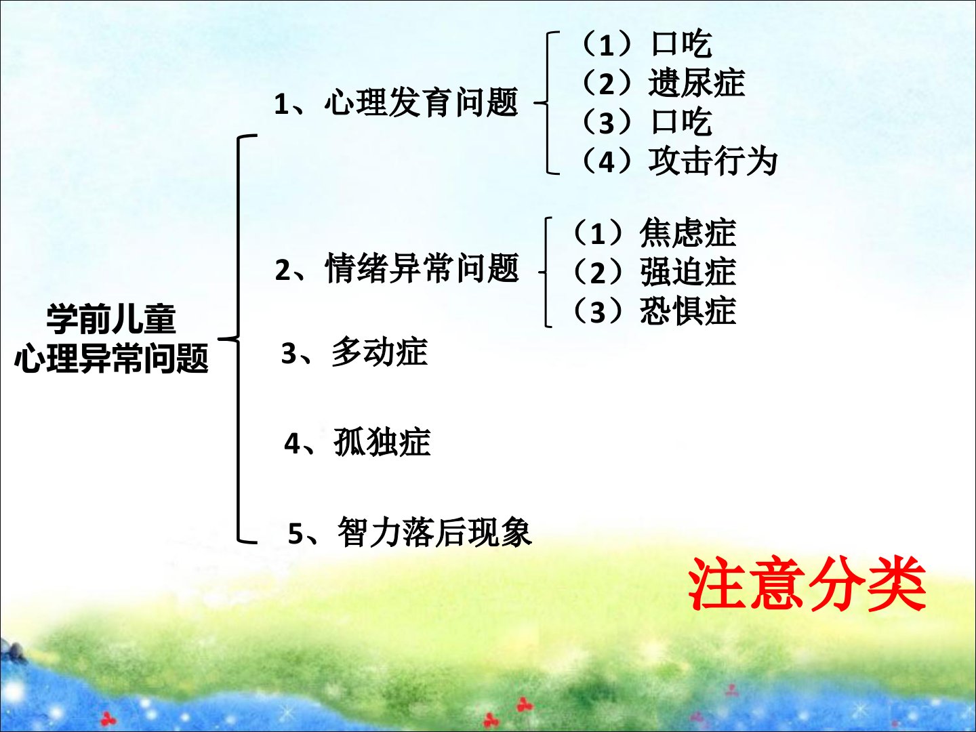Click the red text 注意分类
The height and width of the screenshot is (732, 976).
click(807, 584)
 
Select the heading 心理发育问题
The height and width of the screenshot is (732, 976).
click(422, 102)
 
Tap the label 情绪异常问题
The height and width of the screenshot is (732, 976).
click(422, 268)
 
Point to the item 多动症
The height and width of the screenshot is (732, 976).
click(380, 352)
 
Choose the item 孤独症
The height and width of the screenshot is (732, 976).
click(382, 441)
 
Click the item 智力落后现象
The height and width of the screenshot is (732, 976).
click(434, 531)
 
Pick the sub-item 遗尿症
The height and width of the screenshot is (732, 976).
click(696, 83)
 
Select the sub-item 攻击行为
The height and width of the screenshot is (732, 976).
click(713, 161)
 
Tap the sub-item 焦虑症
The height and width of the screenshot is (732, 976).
click(688, 232)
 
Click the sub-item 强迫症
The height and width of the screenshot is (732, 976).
click(688, 272)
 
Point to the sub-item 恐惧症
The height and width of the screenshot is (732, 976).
click(688, 310)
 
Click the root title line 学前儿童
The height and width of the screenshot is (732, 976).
click(111, 319)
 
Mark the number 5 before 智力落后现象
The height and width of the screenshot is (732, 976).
click(296, 534)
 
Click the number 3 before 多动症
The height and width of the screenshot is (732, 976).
click(289, 354)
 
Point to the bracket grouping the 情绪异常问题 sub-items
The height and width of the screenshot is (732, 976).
click(546, 272)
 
